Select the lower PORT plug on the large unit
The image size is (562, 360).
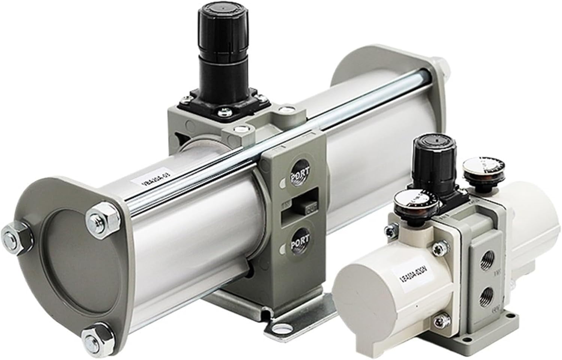click(x=300, y=239)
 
